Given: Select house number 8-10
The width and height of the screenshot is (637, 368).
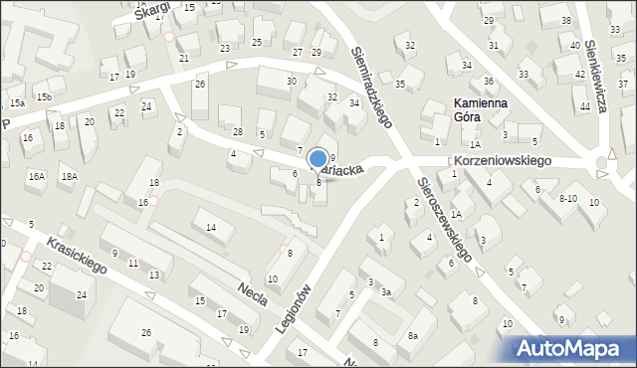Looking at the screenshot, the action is (x=567, y=199).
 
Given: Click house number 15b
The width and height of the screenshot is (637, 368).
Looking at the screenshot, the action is (x=44, y=96).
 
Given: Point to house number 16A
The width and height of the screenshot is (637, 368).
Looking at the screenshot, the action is (x=36, y=176).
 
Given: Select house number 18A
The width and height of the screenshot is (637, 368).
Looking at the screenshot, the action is (x=69, y=176).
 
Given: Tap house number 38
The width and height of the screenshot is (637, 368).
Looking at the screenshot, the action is (x=565, y=20).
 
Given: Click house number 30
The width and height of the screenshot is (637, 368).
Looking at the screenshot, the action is (x=291, y=81).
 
